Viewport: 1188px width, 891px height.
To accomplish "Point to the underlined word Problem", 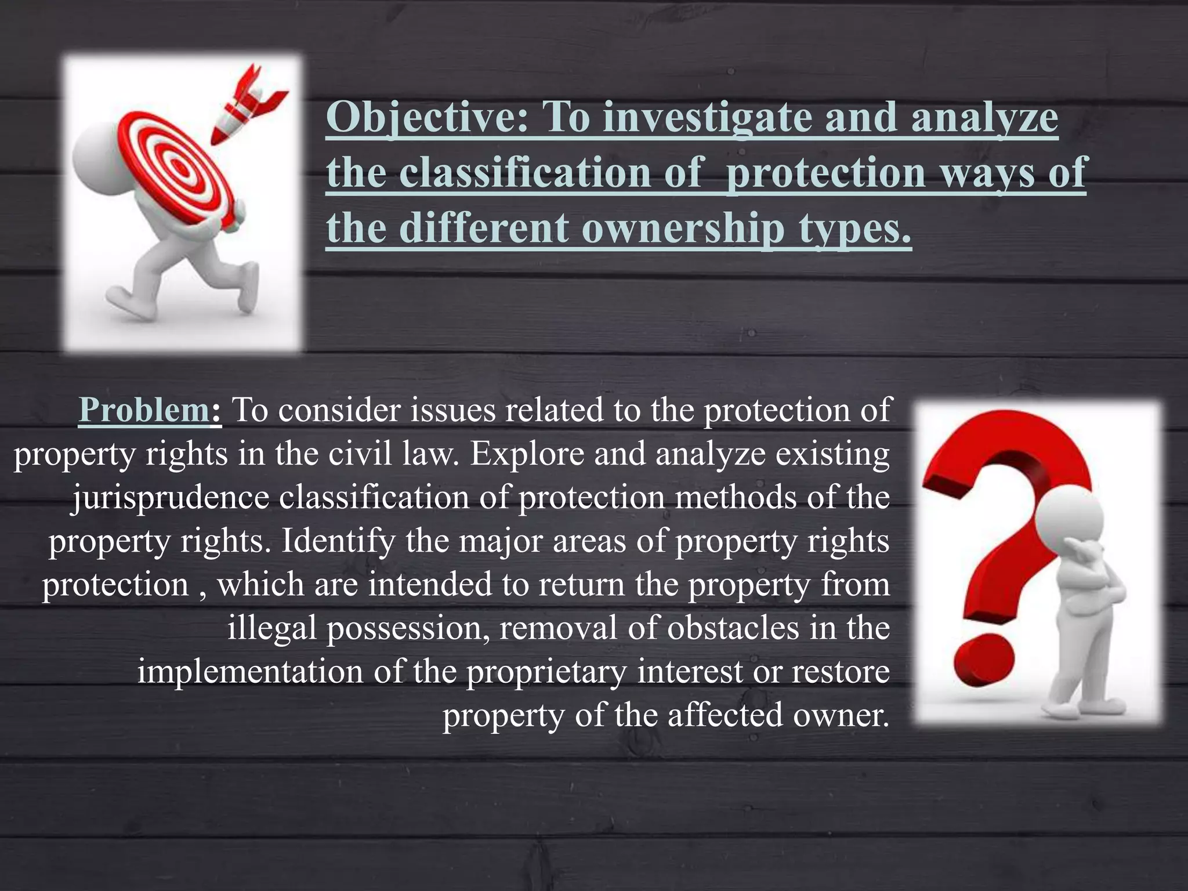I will (143, 410).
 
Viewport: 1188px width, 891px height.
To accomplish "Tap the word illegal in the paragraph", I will (271, 628).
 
